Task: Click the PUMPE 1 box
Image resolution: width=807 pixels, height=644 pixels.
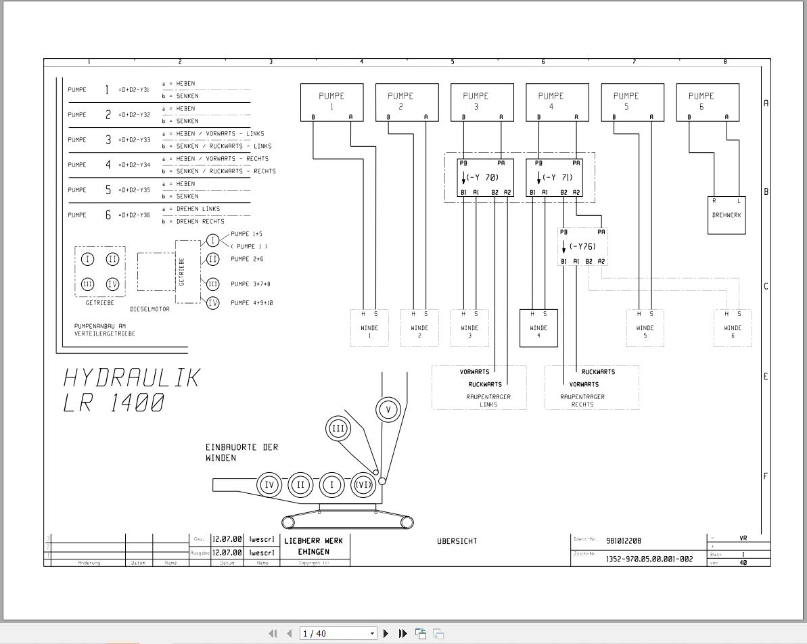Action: click(331, 102)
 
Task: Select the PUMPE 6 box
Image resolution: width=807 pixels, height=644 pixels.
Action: click(708, 102)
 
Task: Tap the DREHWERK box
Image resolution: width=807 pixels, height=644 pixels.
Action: click(727, 215)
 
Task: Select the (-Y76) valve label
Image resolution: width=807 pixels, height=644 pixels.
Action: click(582, 247)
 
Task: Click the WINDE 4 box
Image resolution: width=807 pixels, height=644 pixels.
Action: click(538, 328)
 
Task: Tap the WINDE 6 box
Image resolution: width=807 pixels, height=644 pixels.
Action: click(733, 328)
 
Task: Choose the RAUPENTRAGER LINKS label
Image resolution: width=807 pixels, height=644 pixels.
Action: click(488, 400)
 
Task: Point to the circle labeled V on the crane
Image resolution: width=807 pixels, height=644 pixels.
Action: click(388, 409)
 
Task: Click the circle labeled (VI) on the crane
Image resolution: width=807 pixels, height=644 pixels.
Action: click(363, 484)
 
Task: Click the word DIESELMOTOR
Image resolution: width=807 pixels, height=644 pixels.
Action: click(149, 309)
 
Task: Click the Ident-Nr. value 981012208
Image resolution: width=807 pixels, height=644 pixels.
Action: click(624, 540)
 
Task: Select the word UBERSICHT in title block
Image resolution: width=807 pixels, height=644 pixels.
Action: click(458, 541)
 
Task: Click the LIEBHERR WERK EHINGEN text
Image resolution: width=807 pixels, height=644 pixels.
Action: click(313, 546)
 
